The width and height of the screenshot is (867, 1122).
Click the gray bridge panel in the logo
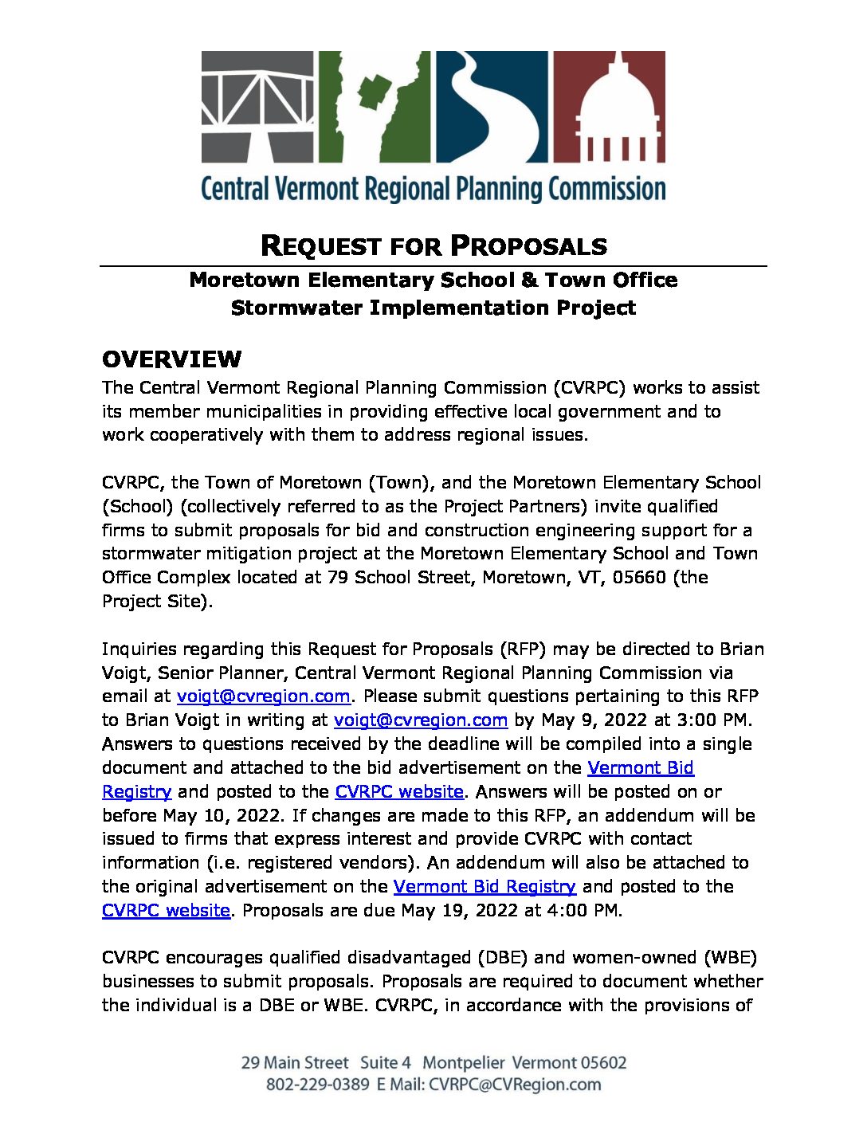pyautogui.click(x=257, y=107)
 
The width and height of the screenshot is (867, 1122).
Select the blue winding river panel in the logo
pyautogui.click(x=492, y=107)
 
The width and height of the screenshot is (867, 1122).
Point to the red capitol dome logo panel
pyautogui.click(x=609, y=107)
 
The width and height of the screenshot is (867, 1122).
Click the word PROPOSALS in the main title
pyautogui.click(x=528, y=246)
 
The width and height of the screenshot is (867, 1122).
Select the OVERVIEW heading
pyautogui.click(x=171, y=360)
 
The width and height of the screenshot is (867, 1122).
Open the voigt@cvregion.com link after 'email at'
pyautogui.click(x=263, y=696)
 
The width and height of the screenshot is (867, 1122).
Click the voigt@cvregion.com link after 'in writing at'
pyautogui.click(x=420, y=720)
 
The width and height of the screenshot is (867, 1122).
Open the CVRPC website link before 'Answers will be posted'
pyautogui.click(x=398, y=792)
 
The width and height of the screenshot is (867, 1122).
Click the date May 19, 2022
pyautogui.click(x=459, y=911)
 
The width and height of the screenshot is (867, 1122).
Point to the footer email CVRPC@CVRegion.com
pyautogui.click(x=515, y=1085)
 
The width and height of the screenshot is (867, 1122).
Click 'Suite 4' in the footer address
pyautogui.click(x=386, y=1063)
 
